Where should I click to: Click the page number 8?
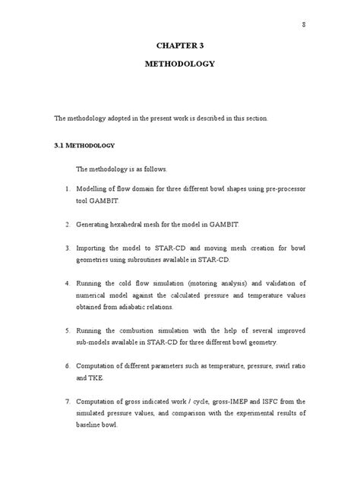pos(303,25)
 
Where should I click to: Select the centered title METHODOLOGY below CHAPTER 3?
pos(180,64)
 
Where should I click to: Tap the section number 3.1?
pos(60,144)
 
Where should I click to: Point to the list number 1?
pos(68,187)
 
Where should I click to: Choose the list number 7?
pos(68,400)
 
